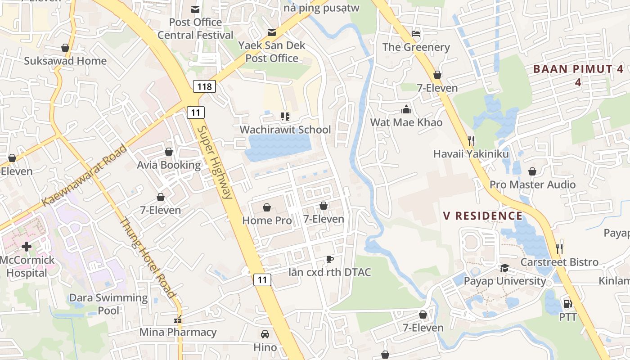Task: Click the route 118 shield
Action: [205, 86]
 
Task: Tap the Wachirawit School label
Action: [285, 130]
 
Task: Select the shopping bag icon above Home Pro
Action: [267, 207]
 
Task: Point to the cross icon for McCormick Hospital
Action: [27, 247]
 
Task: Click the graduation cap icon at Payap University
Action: [504, 268]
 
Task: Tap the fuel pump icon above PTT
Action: [567, 304]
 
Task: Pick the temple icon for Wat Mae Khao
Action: [406, 109]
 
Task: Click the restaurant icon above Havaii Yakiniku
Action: [471, 141]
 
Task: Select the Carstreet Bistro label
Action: [559, 262]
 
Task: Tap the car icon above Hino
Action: [265, 334]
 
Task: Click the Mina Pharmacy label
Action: [178, 332]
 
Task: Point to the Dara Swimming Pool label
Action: [108, 304]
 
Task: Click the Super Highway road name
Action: [215, 162]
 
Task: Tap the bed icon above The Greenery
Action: [416, 34]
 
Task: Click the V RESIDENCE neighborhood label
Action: [483, 216]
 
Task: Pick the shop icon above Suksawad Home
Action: [65, 48]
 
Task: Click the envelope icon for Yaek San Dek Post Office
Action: [272, 32]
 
